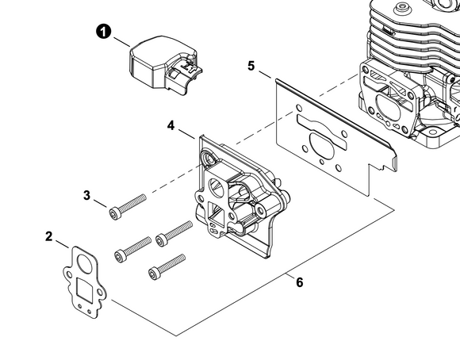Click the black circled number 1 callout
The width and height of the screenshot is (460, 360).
[104, 32]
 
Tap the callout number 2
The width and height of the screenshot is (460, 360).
[49, 236]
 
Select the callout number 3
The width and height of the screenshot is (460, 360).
[86, 195]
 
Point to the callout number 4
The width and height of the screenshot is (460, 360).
[171, 125]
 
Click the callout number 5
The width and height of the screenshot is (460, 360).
[251, 66]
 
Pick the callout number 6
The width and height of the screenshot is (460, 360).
[299, 282]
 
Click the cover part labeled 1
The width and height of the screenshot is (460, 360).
[164, 66]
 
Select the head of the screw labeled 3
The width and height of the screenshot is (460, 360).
[114, 213]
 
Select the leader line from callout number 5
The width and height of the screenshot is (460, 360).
[265, 75]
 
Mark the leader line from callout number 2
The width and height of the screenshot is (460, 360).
[62, 244]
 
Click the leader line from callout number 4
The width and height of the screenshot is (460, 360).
[186, 133]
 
